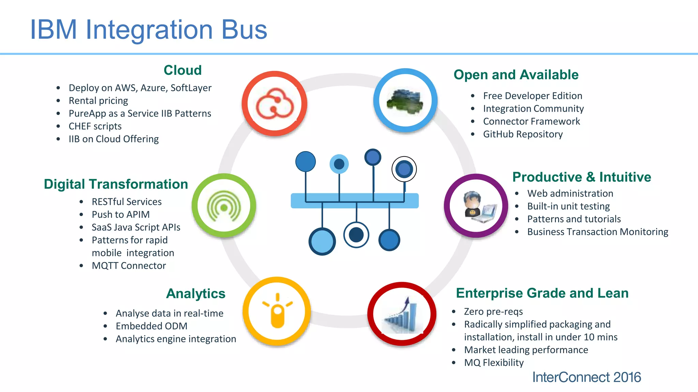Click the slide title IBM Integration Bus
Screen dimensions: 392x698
(x=149, y=30)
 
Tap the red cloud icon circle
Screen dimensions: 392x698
(x=275, y=104)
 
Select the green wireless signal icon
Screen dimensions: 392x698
(x=224, y=206)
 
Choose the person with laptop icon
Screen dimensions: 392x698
(x=476, y=206)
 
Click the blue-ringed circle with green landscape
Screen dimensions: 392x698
(x=405, y=101)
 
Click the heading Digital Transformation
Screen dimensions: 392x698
(x=116, y=184)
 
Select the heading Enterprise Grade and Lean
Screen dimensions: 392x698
(x=542, y=293)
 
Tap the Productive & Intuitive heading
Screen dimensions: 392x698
(x=581, y=177)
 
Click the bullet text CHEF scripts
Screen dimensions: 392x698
(x=95, y=126)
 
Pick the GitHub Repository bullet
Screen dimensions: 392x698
(x=523, y=134)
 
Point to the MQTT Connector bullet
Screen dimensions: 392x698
(x=129, y=265)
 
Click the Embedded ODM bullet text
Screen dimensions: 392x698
(x=151, y=326)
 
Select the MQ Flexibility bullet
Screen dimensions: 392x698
(x=494, y=362)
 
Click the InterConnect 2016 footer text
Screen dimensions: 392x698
(x=586, y=377)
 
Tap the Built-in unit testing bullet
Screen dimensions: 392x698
(x=568, y=206)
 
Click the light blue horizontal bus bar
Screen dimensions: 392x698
(x=354, y=201)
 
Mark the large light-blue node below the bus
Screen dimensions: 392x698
(x=322, y=241)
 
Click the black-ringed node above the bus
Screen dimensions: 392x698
(x=404, y=169)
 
